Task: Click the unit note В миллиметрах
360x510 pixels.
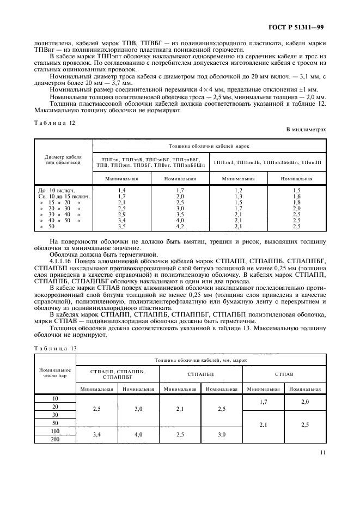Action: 306,130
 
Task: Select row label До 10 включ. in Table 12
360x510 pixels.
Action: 56,189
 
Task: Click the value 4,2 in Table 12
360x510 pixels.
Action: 180,226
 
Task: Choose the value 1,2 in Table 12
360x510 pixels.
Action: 238,189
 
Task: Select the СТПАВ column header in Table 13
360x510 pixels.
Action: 284,374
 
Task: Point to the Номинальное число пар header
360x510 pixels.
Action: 55,374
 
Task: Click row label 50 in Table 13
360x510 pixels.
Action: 55,422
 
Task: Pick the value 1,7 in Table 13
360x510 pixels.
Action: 263,402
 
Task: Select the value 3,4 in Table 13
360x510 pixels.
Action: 97,434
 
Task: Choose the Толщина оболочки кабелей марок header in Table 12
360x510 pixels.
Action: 209,147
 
